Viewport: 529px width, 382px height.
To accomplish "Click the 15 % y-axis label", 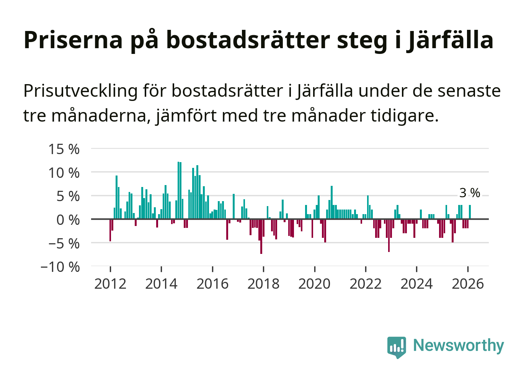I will click(x=64, y=149).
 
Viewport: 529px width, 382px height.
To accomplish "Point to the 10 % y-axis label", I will click(x=64, y=173).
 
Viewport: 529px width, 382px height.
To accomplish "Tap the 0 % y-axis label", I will click(x=68, y=220).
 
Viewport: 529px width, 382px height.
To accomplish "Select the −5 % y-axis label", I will click(x=64, y=244).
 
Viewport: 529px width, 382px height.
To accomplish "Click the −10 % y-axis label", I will click(x=60, y=267).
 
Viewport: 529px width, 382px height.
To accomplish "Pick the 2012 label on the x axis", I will click(x=110, y=284).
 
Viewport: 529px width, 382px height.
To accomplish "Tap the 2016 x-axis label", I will click(x=212, y=284).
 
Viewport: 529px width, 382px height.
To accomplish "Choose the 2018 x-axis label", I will click(x=263, y=284).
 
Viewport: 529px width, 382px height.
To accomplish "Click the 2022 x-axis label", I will click(x=366, y=284).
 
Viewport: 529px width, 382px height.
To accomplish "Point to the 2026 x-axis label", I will click(x=468, y=284).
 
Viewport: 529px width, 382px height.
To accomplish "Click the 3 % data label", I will click(x=470, y=193).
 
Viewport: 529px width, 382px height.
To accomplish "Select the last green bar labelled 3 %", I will click(x=470, y=212).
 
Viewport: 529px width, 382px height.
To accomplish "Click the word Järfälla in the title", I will click(x=450, y=40).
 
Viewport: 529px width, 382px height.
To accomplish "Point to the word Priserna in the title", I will click(x=73, y=40).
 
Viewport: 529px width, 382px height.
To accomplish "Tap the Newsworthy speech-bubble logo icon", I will click(x=397, y=347).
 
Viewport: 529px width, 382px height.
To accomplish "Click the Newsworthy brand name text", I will click(x=459, y=346).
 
